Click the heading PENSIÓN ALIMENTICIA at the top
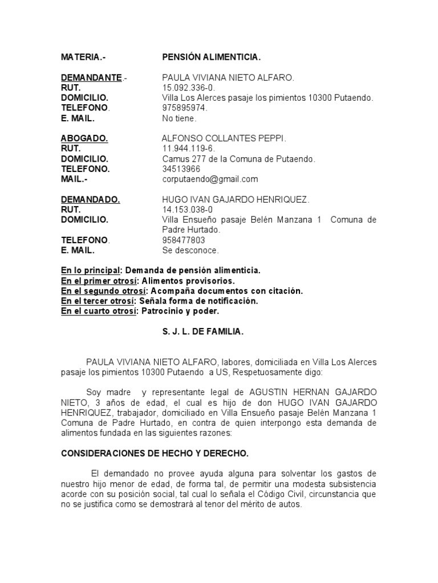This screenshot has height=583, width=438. (x=211, y=58)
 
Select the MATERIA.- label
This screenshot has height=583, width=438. (x=83, y=58)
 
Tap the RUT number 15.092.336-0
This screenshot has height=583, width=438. (x=189, y=88)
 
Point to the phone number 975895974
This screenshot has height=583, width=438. (x=185, y=108)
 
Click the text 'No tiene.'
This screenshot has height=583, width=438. (x=179, y=118)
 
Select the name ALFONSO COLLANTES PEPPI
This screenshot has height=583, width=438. (x=224, y=138)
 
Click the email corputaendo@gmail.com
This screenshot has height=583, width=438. (x=210, y=179)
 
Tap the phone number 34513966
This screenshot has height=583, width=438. (x=181, y=169)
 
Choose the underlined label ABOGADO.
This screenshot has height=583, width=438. (x=84, y=138)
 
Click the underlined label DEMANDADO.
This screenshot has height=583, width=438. (x=90, y=200)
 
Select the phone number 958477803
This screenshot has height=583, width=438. (x=184, y=240)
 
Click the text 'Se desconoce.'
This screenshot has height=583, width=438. (x=190, y=251)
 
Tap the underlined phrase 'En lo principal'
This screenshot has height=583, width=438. (x=91, y=270)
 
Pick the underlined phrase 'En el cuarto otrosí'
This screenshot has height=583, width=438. (x=99, y=311)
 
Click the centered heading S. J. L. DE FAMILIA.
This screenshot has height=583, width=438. (x=202, y=332)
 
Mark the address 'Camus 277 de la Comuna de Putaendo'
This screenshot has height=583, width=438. (x=238, y=159)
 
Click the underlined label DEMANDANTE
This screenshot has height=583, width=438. (x=92, y=78)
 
